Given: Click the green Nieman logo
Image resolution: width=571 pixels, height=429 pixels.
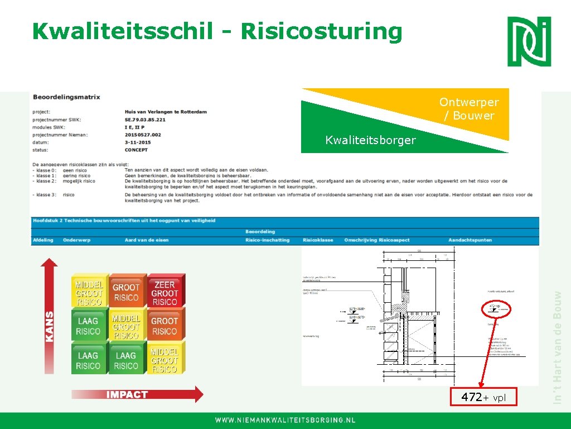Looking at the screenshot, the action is pos(529,41).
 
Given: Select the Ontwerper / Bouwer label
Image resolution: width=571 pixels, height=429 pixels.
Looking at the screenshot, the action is pos(468,109).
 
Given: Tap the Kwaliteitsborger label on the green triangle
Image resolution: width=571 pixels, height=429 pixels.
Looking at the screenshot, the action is pos(370,140).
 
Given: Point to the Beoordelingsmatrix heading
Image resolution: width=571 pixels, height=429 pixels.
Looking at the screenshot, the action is pos(66,97).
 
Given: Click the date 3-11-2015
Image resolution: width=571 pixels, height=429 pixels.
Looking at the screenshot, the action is pos(138,142).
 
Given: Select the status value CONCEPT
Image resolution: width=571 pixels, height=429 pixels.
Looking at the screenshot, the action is pos(137,150).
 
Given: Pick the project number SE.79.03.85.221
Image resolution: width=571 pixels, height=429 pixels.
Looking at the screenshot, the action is pos(145,120).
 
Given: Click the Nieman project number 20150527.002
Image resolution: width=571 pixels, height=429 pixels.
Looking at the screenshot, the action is pos(143,135).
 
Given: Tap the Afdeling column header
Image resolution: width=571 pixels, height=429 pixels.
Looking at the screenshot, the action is pos(43,240).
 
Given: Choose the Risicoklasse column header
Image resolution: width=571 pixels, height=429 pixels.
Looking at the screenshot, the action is pos(318,240).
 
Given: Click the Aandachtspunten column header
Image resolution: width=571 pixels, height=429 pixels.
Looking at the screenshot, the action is pos(470,240).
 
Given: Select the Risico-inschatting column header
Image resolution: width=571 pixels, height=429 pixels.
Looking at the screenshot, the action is pos(267,240).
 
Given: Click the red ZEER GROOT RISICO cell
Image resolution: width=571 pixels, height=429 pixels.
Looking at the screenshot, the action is pos(164,293).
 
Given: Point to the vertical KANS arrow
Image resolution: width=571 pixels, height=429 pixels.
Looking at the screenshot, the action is pos(50,313).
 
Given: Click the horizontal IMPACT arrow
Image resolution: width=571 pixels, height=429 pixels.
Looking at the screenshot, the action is pos(137,394).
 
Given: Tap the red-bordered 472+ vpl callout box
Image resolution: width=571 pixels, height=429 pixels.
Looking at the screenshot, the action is pos(483,397).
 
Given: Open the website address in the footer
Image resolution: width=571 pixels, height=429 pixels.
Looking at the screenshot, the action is pos(285,420).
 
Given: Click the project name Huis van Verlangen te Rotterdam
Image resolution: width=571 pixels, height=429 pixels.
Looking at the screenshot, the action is pos(166,112).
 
